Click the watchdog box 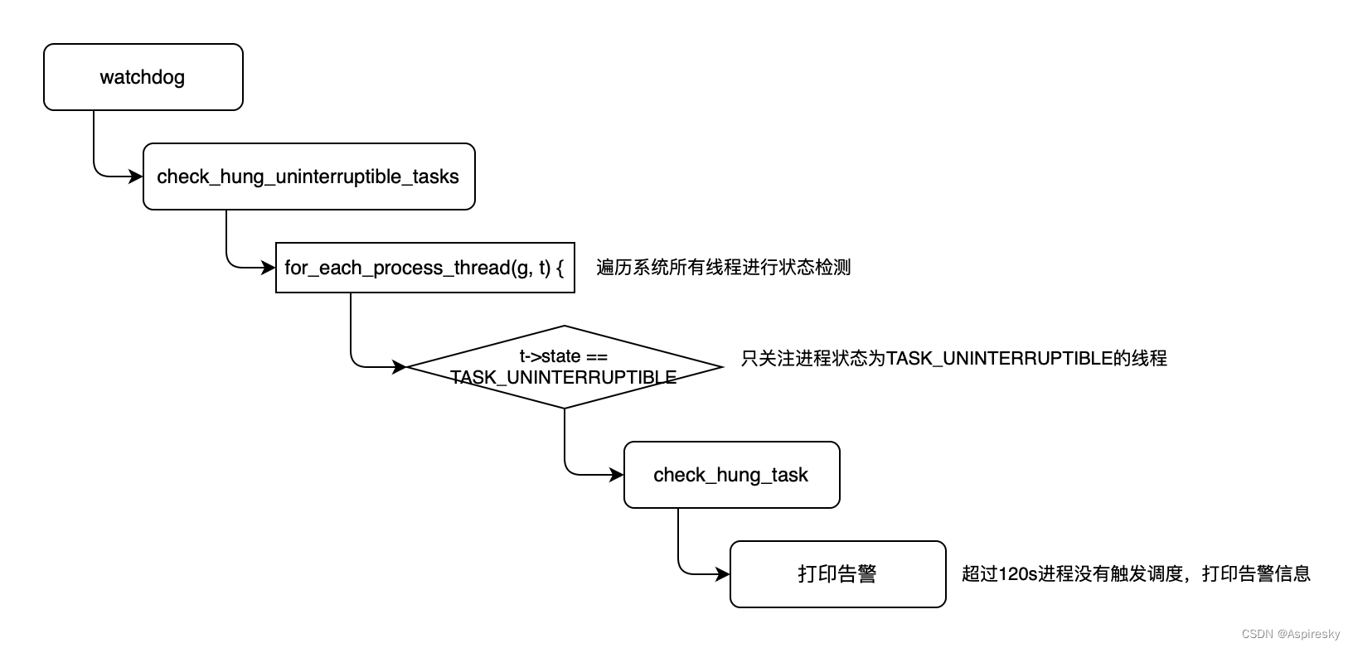tap(143, 77)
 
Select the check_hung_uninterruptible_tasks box tap(308, 177)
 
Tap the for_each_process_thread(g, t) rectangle tap(424, 268)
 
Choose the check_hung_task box tap(731, 475)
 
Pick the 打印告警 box tap(837, 574)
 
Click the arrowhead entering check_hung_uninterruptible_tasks tap(136, 177)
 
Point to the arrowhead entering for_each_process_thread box tap(269, 268)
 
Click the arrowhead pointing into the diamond tap(400, 367)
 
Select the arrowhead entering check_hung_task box tap(617, 475)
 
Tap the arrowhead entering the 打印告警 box tap(723, 574)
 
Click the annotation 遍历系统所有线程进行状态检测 tap(723, 268)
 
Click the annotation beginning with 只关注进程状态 tap(953, 359)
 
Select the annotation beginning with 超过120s tap(1136, 574)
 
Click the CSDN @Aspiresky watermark tap(1290, 634)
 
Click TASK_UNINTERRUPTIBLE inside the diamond tap(564, 378)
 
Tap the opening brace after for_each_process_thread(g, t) tap(560, 268)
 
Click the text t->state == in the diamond tap(564, 357)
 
